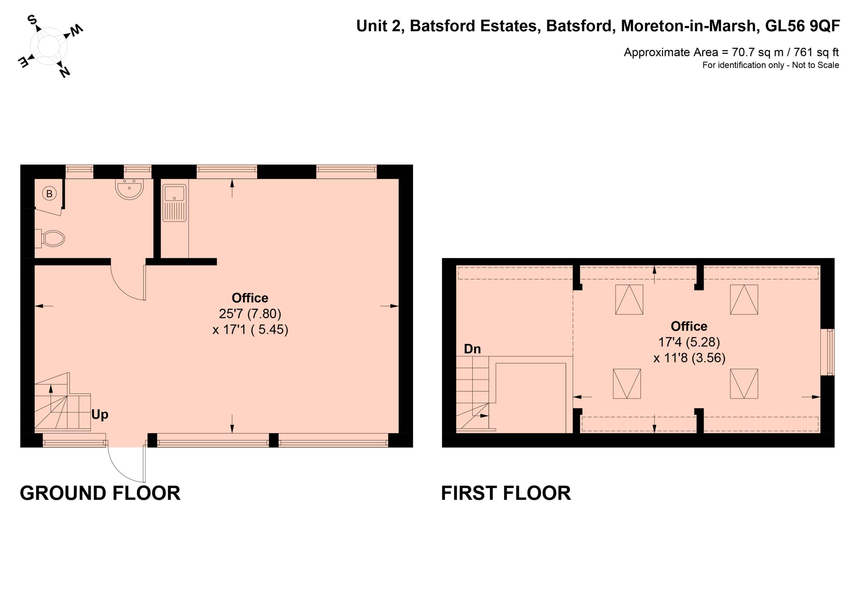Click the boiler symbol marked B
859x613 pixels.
49,194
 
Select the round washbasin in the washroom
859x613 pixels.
129,189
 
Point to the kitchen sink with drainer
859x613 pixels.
174,203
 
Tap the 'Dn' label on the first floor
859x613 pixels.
472,349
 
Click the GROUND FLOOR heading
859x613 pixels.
100,493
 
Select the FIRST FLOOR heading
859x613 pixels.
506,493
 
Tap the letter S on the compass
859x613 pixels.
32,20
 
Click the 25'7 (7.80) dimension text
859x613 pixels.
250,314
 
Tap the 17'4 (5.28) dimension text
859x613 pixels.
689,342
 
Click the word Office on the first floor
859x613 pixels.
689,326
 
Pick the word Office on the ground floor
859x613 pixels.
250,298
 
